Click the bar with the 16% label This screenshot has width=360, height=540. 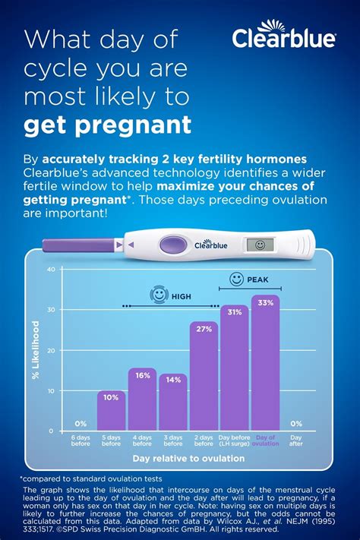pos(142,399)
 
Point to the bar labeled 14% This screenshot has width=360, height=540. pos(172,403)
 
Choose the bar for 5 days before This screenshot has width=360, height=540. pos(111,411)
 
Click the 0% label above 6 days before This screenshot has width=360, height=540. pos(80,423)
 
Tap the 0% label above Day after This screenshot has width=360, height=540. pos(295,423)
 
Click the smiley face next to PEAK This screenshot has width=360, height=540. pos(236,279)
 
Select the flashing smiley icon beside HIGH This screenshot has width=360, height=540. pos(159,295)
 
